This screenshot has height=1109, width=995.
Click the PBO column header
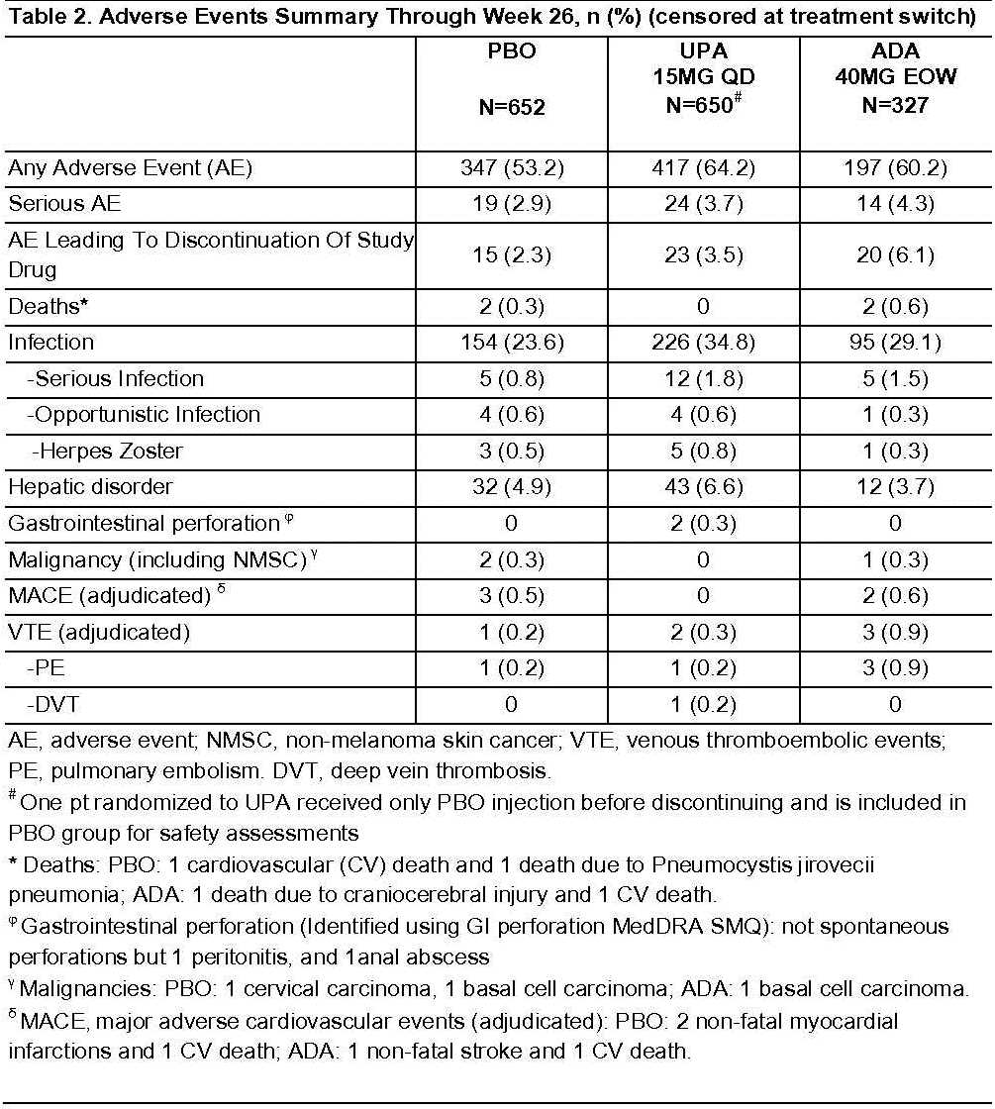click(512, 78)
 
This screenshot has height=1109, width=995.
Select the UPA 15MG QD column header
click(703, 77)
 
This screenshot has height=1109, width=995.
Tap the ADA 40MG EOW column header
click(896, 77)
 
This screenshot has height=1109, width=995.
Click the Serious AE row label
click(62, 205)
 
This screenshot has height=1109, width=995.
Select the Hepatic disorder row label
click(91, 487)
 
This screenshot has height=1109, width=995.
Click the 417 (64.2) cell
click(703, 168)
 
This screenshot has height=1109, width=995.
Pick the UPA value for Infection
click(703, 343)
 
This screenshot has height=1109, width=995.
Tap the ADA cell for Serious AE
click(896, 205)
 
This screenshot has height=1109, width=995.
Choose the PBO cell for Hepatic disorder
click(512, 487)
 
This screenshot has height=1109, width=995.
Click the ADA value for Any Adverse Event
click(896, 168)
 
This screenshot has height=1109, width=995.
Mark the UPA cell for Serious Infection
click(703, 379)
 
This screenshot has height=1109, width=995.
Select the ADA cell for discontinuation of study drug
click(896, 255)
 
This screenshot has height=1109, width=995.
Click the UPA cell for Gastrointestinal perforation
click(703, 524)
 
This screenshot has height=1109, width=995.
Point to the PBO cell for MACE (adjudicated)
click(512, 596)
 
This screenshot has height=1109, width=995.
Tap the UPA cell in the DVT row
click(703, 705)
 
